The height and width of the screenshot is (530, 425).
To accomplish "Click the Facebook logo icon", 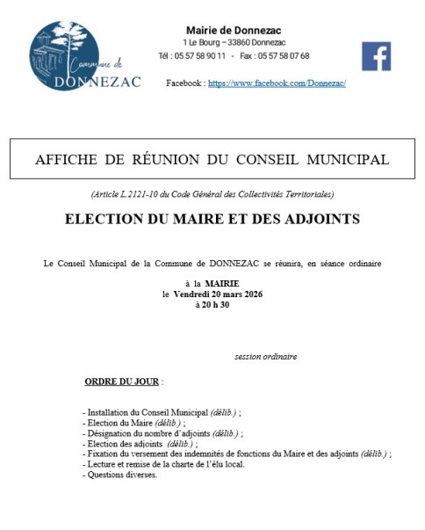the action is (376, 56).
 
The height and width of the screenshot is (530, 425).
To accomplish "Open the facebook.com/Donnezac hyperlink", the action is (277, 83).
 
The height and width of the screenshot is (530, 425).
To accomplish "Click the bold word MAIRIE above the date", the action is (222, 283).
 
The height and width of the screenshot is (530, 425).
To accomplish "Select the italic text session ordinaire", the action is (266, 356).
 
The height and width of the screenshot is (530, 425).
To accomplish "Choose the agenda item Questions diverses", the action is (120, 475).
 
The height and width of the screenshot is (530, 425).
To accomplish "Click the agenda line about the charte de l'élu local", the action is (163, 464).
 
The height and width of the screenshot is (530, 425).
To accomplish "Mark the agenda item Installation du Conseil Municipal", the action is (146, 411).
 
